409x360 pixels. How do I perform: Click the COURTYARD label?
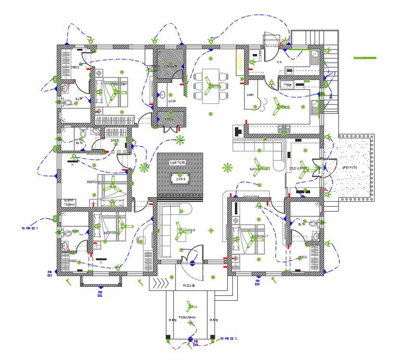pyautogui.click(x=177, y=163)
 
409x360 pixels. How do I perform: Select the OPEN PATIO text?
pyautogui.click(x=350, y=168)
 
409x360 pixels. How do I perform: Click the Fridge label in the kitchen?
pyautogui.click(x=288, y=85)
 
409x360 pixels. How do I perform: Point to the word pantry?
pyautogui.click(x=250, y=95)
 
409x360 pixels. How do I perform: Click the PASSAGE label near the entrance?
pyautogui.click(x=189, y=286)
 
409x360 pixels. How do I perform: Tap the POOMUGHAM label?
pyautogui.click(x=188, y=317)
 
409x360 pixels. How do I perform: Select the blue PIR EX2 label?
pyautogui.click(x=100, y=293)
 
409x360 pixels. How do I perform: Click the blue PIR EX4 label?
pyautogui.click(x=258, y=282)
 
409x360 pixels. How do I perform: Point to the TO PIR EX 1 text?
pyautogui.click(x=29, y=228)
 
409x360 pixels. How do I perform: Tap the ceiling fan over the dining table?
pyautogui.click(x=212, y=86)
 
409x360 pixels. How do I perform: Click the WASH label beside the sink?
pyautogui.click(x=172, y=101)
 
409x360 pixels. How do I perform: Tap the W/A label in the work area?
pyautogui.click(x=279, y=62)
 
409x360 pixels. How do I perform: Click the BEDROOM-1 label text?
pyautogui.click(x=260, y=237)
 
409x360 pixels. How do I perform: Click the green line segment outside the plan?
pyautogui.click(x=365, y=58)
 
